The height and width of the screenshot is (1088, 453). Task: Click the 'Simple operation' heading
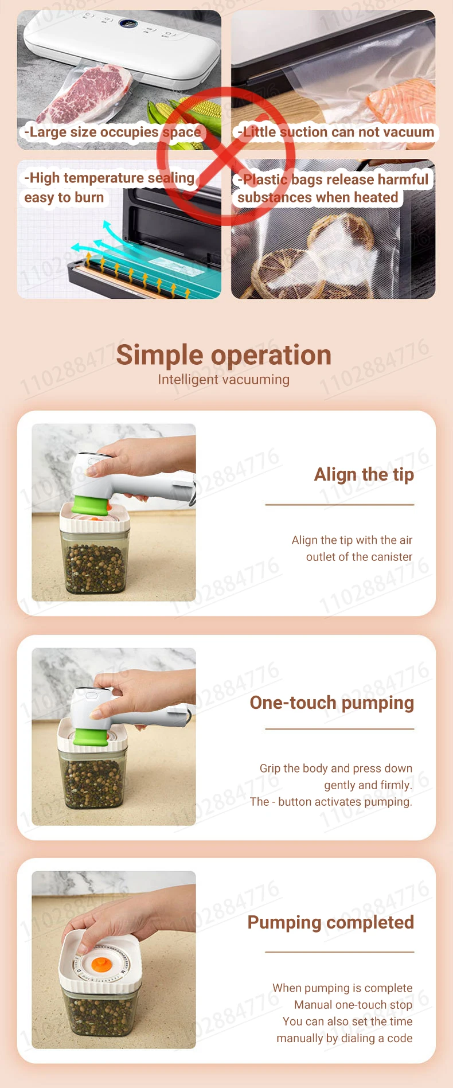pos(224,355)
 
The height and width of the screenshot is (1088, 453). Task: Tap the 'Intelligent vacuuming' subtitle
pos(224,380)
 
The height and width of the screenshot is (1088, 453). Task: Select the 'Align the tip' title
pos(364,475)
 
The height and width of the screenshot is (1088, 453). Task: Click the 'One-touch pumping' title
pos(332,703)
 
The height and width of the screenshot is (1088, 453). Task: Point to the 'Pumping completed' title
pos(331,922)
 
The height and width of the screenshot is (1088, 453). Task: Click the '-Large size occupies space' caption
pos(112,132)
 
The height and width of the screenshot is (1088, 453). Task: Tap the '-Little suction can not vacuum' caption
pos(336,132)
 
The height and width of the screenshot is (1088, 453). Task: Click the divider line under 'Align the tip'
pos(339,505)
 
